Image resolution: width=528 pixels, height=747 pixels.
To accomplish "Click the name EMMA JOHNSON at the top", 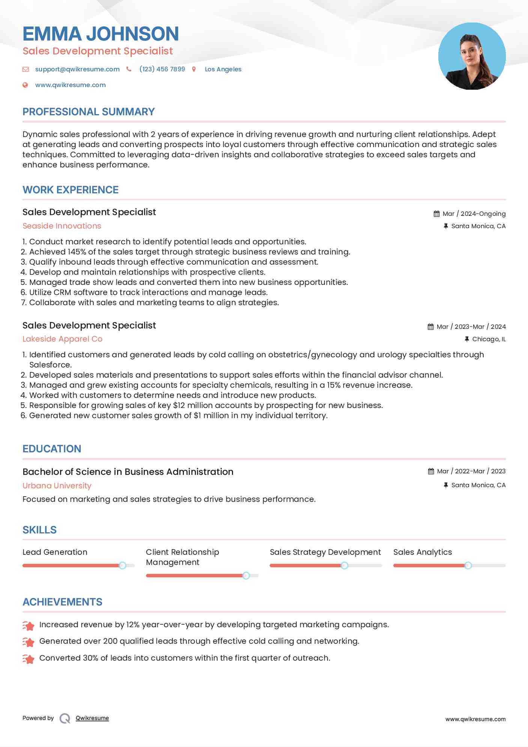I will [x=101, y=34].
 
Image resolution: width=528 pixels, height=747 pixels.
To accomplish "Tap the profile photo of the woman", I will [x=472, y=56].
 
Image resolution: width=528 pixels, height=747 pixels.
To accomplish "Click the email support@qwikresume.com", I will [x=77, y=69].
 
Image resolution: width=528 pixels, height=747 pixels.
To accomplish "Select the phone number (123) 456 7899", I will [x=162, y=69].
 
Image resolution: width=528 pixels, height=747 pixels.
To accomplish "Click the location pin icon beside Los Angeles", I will [x=194, y=69].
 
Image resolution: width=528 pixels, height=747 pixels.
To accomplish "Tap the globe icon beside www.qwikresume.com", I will [x=25, y=85].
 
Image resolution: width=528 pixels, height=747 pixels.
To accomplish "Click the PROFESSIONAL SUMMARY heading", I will [x=89, y=112].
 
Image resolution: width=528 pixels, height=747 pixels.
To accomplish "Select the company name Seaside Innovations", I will [x=62, y=226].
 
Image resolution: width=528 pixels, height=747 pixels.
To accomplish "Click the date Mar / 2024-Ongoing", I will [x=474, y=214].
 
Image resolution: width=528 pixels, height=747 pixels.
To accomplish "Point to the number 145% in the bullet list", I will [x=77, y=252].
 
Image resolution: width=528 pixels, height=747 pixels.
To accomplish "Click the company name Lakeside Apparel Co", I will [x=62, y=339].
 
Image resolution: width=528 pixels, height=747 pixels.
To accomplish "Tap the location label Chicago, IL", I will [x=489, y=339].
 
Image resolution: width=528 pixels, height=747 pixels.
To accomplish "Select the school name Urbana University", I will [x=57, y=485].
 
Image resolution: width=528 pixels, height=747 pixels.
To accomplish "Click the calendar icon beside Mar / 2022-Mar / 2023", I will [x=431, y=471].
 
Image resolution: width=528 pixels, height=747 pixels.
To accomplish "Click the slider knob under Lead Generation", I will [x=122, y=565].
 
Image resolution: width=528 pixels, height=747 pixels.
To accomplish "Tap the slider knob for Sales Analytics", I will [x=468, y=565].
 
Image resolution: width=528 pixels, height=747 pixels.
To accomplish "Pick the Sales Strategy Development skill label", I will [x=325, y=552].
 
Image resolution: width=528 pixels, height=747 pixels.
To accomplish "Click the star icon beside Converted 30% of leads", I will [x=29, y=658].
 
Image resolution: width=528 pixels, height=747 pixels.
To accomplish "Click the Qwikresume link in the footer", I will [x=92, y=718].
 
